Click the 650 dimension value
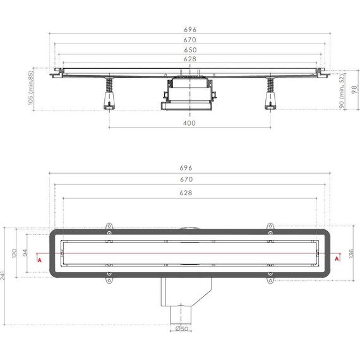189,49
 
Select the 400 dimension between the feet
189,123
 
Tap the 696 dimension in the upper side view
189,29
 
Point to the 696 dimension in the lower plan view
186,169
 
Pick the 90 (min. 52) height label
342,92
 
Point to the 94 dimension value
26,252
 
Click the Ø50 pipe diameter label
182,328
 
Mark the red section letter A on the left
39,259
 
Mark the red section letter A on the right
333,259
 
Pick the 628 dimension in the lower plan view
186,193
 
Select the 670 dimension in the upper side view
189,39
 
